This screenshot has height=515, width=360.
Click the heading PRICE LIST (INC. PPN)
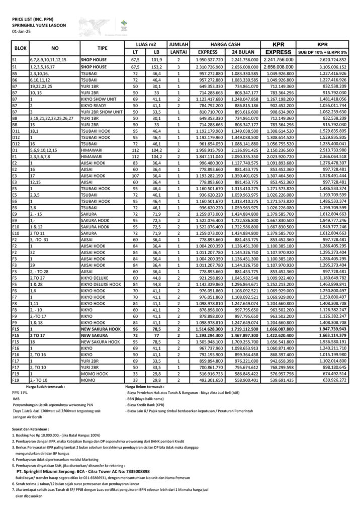coord(32,18)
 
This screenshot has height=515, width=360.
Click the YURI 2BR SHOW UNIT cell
coord(102,112)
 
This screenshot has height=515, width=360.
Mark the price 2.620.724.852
coord(329,59)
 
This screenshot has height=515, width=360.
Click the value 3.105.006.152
coord(329,66)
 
